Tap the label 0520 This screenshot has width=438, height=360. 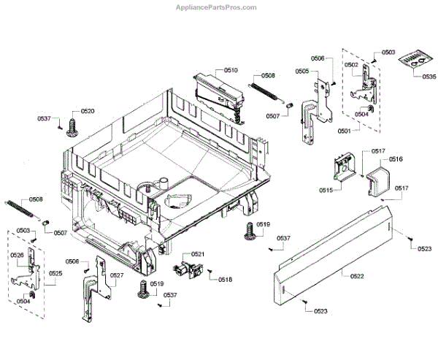point(88,111)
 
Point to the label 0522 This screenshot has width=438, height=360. point(358,275)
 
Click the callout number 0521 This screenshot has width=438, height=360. point(197,253)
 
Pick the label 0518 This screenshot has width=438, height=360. point(225,280)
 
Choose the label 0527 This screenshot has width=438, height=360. point(116,275)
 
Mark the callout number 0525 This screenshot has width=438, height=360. point(55,274)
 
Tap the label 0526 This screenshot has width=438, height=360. point(18,255)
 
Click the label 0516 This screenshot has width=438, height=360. point(396,158)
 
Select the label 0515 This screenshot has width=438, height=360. point(326,190)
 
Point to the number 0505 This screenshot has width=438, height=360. point(302,71)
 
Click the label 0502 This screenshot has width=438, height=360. point(352,65)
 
